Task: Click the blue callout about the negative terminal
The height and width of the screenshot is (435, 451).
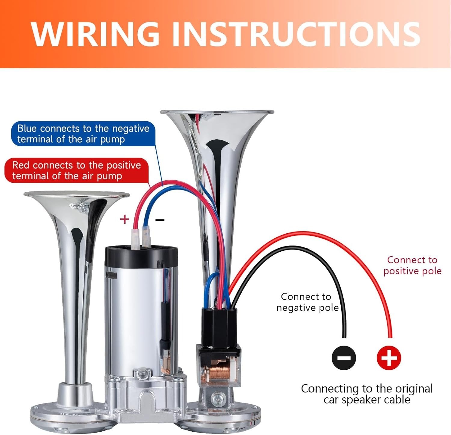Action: pos(83,134)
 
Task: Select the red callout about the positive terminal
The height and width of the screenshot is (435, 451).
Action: pos(77,170)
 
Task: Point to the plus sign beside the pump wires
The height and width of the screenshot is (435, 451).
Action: pos(124,219)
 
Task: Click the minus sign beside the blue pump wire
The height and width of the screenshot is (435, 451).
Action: pos(160,220)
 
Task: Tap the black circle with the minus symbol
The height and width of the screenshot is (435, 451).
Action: pos(344,358)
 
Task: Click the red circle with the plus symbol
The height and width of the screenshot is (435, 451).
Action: pos(389,358)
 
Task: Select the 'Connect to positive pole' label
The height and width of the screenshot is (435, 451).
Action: pos(412,265)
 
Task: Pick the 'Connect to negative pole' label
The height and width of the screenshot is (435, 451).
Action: pos(307,302)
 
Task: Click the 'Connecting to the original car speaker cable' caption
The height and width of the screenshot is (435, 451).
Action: pos(367,394)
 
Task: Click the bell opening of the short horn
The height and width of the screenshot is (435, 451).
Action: pos(77,194)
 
